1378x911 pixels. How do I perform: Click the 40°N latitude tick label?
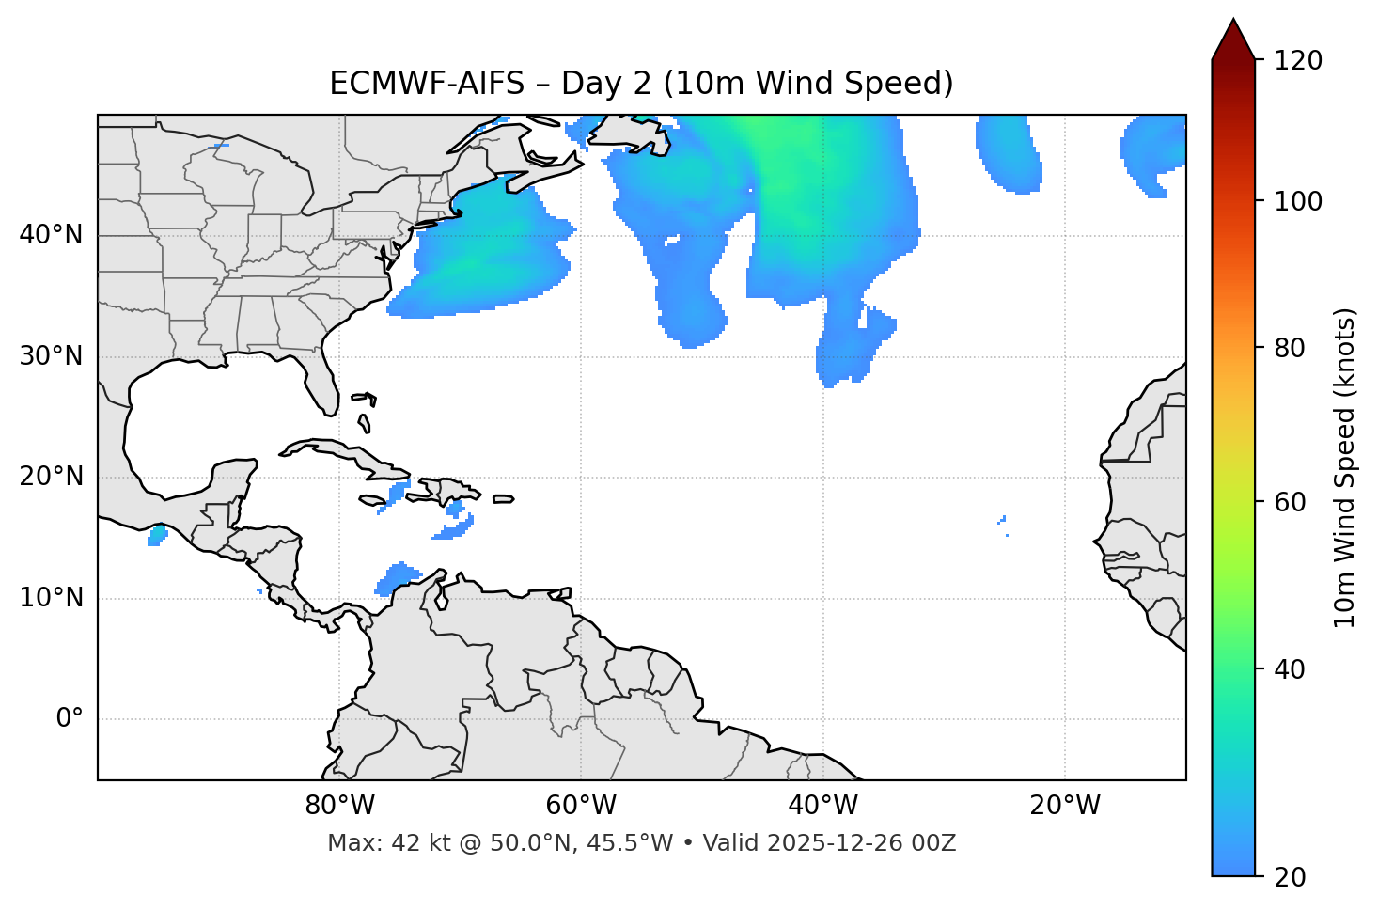click(x=51, y=235)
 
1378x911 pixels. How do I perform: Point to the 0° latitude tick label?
click(x=70, y=719)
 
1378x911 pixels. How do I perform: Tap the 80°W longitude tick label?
click(x=339, y=806)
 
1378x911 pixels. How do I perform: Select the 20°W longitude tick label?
click(x=1065, y=806)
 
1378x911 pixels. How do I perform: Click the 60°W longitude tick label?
click(x=581, y=806)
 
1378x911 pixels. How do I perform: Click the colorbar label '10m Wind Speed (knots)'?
click(x=1345, y=468)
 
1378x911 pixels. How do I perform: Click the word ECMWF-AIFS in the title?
click(x=427, y=84)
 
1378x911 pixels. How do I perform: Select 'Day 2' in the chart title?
click(x=606, y=84)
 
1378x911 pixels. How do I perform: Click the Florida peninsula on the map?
click(x=321, y=381)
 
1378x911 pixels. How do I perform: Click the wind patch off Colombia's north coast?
click(x=399, y=577)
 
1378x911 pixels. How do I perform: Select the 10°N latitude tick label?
click(x=51, y=598)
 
